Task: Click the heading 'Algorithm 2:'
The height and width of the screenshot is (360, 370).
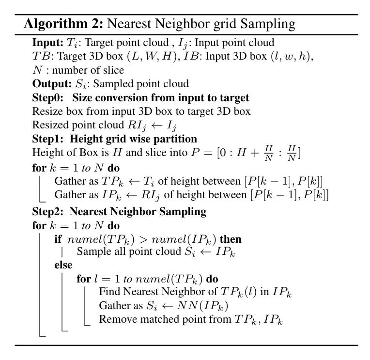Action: (63, 23)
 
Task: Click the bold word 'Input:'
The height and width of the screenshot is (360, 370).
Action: (46, 43)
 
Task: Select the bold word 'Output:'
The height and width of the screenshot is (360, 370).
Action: (50, 83)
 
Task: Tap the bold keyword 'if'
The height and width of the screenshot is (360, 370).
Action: (58, 239)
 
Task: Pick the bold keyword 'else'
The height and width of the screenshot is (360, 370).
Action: (63, 265)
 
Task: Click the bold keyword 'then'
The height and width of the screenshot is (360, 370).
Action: (231, 239)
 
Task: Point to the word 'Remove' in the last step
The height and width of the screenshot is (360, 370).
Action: (116, 319)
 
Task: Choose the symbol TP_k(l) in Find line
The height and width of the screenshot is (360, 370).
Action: (240, 292)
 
